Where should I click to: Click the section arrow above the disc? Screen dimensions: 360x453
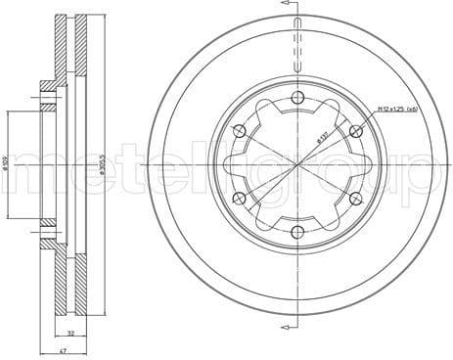293,7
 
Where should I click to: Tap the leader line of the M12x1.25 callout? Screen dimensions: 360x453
370,119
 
